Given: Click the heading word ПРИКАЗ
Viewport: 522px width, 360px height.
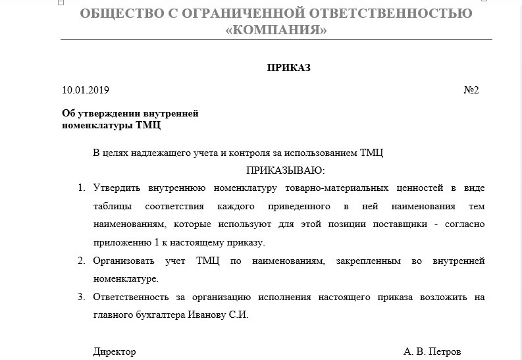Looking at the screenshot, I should click(x=288, y=68).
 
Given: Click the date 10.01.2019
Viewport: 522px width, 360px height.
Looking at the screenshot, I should click(x=86, y=90).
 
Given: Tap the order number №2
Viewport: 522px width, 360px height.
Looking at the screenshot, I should click(x=471, y=90).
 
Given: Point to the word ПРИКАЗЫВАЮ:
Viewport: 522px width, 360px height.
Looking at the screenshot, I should click(x=286, y=170).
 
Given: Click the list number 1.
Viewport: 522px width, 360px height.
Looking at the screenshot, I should click(x=82, y=188).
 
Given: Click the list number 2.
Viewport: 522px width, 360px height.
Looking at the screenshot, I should click(x=82, y=261).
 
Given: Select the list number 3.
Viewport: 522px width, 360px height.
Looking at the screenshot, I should click(x=82, y=297).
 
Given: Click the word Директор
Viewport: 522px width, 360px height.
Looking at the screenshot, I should click(x=115, y=351).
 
